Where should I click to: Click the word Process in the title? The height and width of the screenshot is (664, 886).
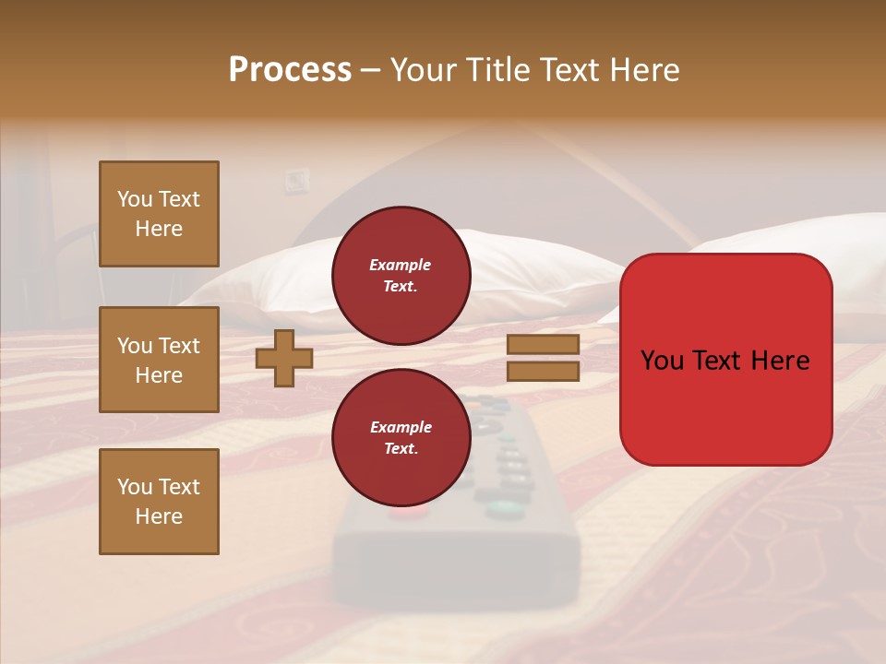click(x=290, y=70)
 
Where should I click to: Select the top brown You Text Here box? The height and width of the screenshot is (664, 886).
click(x=159, y=214)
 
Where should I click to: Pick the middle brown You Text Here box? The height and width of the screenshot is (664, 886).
click(x=159, y=360)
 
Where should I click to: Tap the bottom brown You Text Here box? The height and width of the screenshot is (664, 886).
click(x=159, y=501)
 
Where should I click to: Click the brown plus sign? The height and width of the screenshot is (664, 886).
click(x=284, y=358)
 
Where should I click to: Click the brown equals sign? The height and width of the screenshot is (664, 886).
click(x=543, y=358)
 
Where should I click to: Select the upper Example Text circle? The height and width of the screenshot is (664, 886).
click(x=401, y=275)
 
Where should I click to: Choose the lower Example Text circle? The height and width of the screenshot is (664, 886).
click(x=401, y=437)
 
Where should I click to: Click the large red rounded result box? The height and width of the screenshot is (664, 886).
click(x=725, y=360)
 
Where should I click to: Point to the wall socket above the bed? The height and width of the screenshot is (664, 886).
click(x=294, y=181)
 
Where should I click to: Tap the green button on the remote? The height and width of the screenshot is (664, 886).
click(x=500, y=506)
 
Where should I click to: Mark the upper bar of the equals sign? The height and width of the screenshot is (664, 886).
click(x=543, y=345)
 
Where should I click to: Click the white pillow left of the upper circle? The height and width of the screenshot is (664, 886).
click(x=268, y=277)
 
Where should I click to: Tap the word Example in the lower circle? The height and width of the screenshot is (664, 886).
click(x=401, y=427)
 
